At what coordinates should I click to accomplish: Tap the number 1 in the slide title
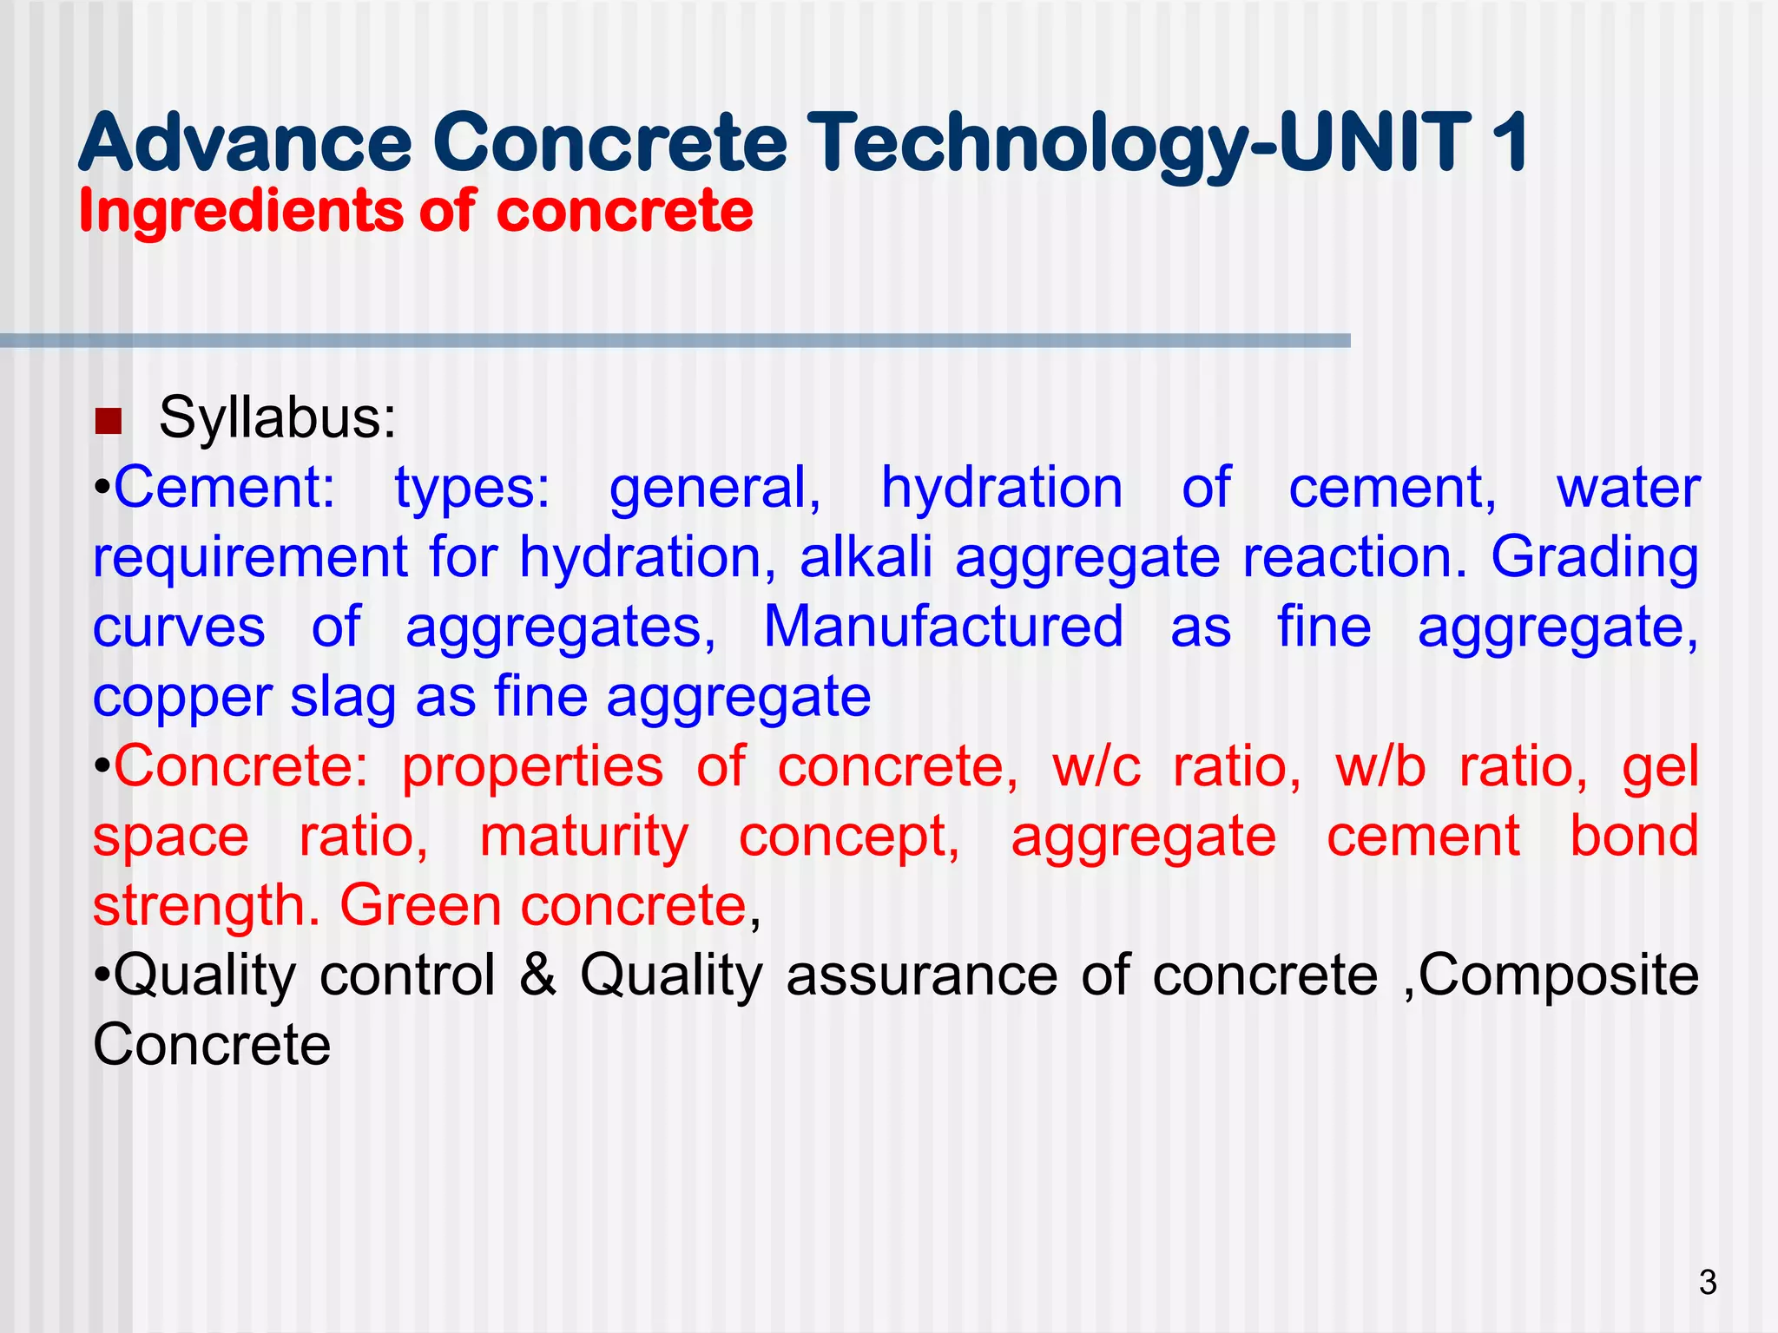click(x=1509, y=143)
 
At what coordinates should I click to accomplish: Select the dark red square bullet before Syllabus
click(x=109, y=422)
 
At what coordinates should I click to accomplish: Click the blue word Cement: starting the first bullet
click(x=224, y=488)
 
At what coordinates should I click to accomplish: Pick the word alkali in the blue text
click(x=866, y=557)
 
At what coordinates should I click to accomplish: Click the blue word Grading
click(x=1595, y=557)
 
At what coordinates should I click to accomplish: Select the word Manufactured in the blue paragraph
click(x=943, y=627)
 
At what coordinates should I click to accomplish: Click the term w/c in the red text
click(x=1096, y=767)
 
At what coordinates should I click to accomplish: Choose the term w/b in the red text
click(x=1380, y=767)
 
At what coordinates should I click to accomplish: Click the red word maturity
click(x=583, y=838)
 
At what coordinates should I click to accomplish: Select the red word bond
click(x=1634, y=837)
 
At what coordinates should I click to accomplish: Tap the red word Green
click(x=420, y=906)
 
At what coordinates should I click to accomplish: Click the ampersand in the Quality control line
click(x=538, y=975)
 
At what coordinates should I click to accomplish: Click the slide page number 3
click(x=1707, y=1283)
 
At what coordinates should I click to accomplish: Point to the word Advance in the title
click(x=245, y=143)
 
